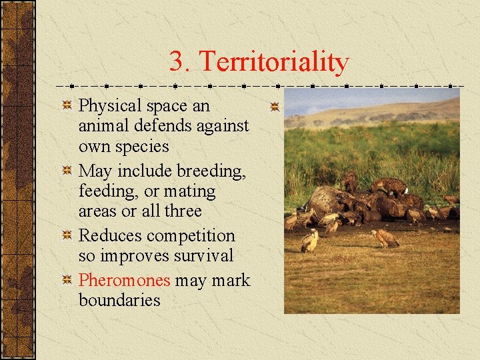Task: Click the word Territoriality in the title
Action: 274,62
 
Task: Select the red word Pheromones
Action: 124,280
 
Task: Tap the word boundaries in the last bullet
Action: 119,300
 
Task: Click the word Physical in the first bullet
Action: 110,106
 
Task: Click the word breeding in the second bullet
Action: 212,171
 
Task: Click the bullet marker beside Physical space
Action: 67,106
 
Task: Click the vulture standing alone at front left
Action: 309,241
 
